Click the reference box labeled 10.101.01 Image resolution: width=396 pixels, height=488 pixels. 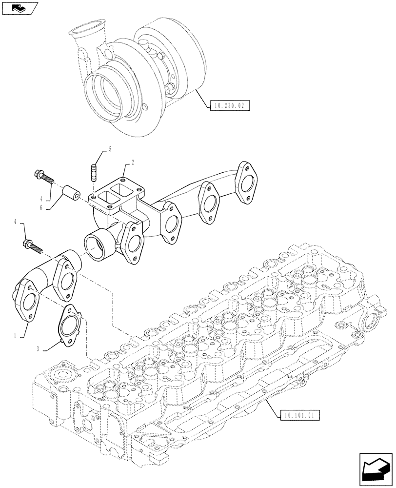pos(299,416)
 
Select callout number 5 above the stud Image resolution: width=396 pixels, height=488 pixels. pos(110,149)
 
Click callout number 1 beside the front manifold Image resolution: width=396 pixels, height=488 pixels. pos(16,336)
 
